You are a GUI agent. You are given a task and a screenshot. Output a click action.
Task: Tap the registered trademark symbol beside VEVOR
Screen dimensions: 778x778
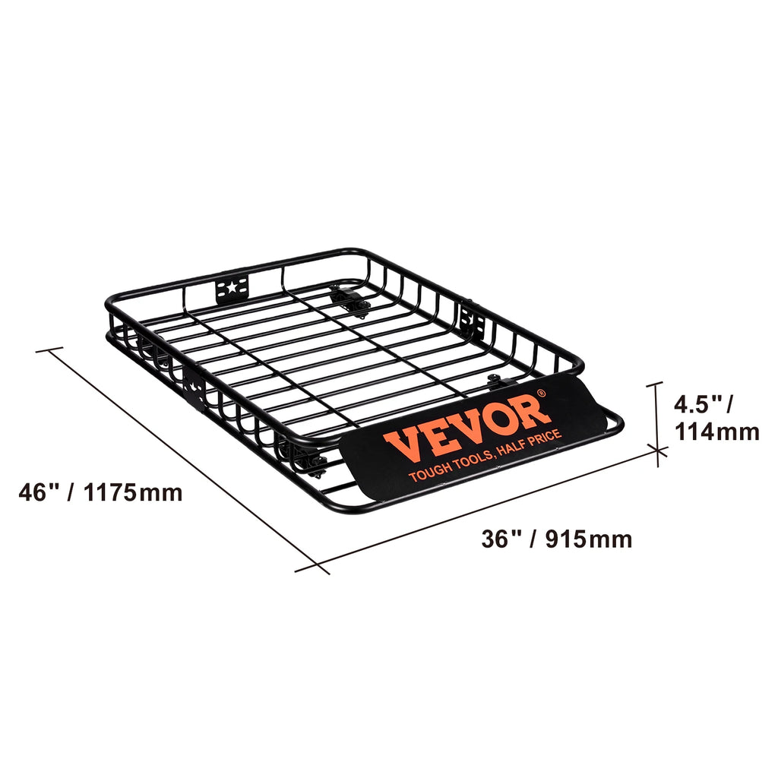[x=541, y=393]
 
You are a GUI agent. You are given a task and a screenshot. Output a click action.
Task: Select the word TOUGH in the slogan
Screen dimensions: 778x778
[x=427, y=473]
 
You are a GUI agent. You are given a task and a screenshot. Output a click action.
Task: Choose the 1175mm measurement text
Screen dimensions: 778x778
[x=134, y=492]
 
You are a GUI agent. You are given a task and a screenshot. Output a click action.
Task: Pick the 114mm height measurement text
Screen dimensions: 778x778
[x=716, y=432]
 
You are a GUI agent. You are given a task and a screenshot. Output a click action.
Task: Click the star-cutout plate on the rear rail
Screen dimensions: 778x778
[x=232, y=289]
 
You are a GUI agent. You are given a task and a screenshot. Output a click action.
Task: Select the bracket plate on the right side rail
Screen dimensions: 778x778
[x=471, y=318]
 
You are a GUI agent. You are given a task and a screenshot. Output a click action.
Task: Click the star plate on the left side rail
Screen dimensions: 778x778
[x=193, y=385]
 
